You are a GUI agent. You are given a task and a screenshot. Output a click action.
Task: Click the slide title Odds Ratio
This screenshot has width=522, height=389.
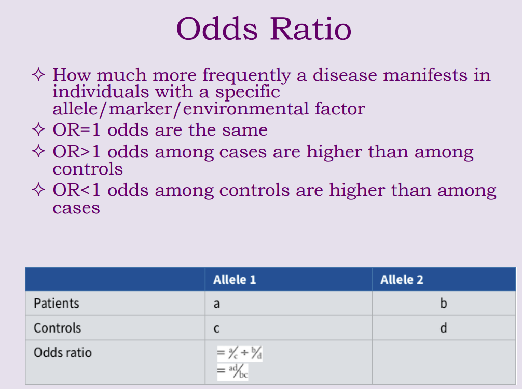point(264,29)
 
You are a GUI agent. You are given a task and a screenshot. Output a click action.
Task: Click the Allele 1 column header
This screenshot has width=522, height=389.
point(235,280)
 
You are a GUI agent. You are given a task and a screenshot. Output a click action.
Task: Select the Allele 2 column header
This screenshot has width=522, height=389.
point(402,280)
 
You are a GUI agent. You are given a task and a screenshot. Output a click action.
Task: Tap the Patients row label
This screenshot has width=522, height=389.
point(57,303)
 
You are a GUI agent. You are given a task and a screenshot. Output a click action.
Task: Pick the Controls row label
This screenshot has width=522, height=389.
point(58,328)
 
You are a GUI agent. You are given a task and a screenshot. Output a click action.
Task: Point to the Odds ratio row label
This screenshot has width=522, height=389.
point(63,353)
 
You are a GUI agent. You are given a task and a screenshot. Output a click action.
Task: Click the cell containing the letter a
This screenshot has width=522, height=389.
point(216,304)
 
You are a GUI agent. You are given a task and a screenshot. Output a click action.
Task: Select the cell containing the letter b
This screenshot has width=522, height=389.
point(443,303)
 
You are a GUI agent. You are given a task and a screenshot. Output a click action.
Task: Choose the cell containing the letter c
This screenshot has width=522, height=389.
point(216,329)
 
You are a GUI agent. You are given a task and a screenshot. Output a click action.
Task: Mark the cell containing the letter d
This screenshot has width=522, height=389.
point(443,328)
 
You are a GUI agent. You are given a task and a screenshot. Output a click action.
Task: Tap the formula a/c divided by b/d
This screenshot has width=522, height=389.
point(236,354)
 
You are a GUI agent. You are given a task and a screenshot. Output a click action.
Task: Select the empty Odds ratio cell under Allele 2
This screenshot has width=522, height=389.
point(444,362)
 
